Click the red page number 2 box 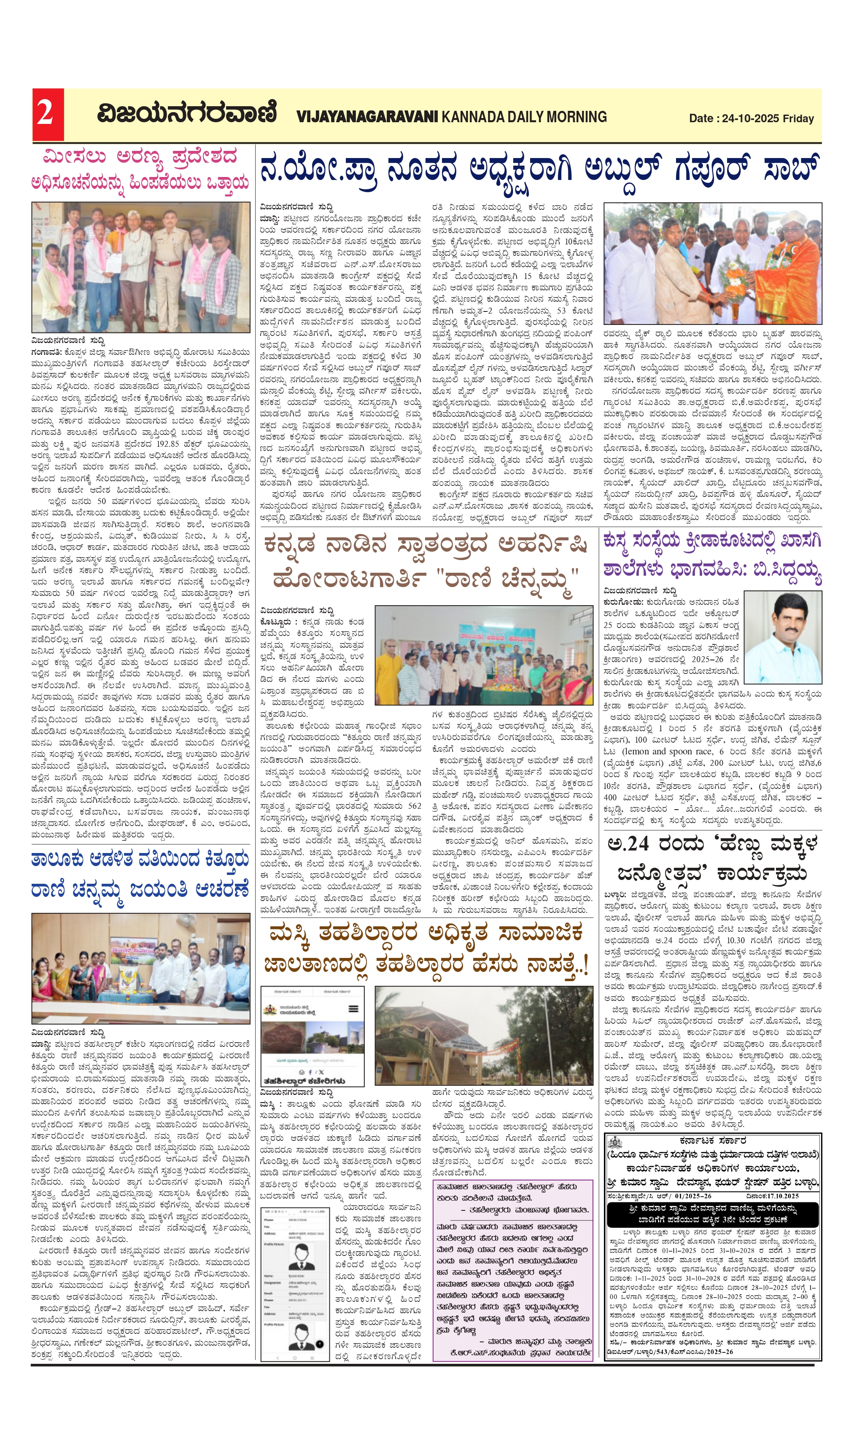click(47, 114)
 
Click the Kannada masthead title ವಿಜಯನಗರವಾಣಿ click(186, 113)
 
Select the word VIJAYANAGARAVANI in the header click(367, 117)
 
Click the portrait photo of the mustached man click(783, 638)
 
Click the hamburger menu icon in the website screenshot click(353, 1009)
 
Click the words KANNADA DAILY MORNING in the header click(524, 117)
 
